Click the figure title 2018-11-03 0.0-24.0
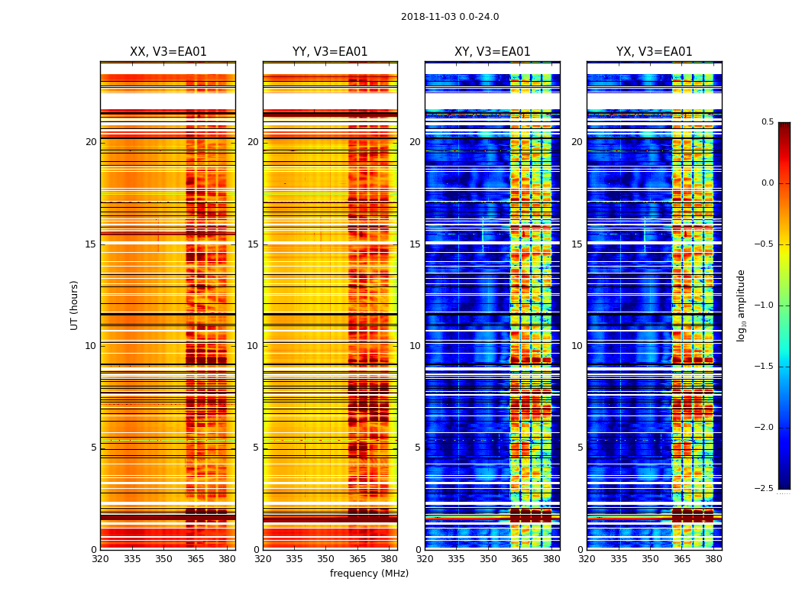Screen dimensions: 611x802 [x=450, y=17]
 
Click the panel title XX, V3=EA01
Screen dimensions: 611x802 [x=168, y=52]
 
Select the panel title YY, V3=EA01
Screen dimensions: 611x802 [x=330, y=52]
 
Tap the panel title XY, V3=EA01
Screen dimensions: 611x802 [x=493, y=52]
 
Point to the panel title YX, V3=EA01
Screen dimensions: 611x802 [x=655, y=52]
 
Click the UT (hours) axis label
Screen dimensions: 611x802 [x=75, y=305]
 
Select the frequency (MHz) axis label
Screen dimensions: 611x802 [x=369, y=574]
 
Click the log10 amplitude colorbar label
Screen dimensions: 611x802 [x=740, y=305]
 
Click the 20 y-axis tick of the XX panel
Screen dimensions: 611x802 [x=92, y=142]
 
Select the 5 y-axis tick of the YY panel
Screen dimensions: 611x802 [x=256, y=448]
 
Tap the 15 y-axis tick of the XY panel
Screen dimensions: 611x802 [x=415, y=244]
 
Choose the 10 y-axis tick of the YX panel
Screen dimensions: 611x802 [x=577, y=346]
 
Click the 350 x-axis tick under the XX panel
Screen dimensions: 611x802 [x=163, y=559]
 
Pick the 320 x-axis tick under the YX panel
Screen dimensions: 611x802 [x=587, y=559]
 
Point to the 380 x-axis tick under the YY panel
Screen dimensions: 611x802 [x=389, y=559]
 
